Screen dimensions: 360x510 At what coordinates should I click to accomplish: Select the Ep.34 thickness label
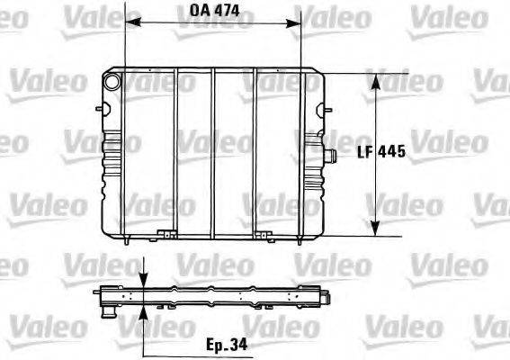[x=224, y=344]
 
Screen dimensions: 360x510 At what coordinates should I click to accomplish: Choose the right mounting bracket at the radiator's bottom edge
[x=263, y=237]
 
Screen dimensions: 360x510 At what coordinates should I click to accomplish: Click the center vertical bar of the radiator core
[x=215, y=153]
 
